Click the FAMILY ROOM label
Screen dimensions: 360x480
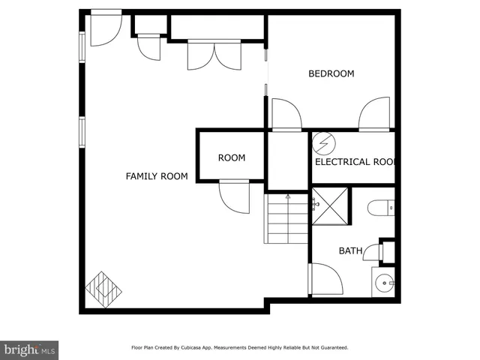click(x=156, y=176)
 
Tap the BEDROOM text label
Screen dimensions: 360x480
click(x=331, y=73)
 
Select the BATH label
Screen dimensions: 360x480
click(x=350, y=250)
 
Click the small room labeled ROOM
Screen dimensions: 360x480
click(x=231, y=157)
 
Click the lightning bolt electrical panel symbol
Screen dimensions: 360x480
click(x=323, y=142)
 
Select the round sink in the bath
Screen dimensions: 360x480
click(x=383, y=283)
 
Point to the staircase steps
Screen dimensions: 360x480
click(x=287, y=218)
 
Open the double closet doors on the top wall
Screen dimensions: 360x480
click(x=214, y=55)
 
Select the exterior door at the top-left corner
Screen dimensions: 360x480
click(x=105, y=28)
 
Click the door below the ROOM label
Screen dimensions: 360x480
click(x=233, y=197)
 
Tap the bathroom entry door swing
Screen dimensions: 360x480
click(x=325, y=279)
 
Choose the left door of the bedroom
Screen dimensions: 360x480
click(x=286, y=115)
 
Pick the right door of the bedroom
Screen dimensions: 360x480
click(x=374, y=115)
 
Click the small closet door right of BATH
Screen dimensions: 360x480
click(x=373, y=253)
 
